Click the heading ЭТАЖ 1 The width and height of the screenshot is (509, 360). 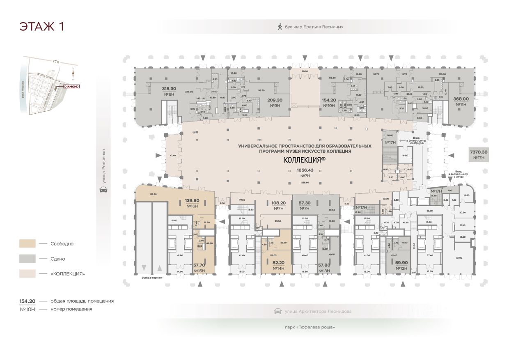41,27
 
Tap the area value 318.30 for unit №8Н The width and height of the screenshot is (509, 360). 157,88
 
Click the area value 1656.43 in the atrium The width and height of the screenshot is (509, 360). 305,170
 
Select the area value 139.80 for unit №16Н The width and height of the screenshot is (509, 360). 192,201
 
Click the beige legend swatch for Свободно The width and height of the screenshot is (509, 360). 27,243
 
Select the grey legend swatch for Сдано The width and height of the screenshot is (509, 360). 27,259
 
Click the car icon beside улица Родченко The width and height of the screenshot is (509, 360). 103,190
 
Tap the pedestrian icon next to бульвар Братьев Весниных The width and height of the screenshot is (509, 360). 280,27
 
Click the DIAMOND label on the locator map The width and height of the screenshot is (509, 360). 71,87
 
